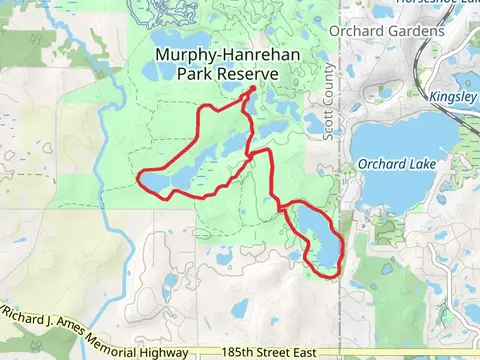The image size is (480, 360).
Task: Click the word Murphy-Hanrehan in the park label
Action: click(215, 56)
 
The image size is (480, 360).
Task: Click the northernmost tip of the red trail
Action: click(251, 89)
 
